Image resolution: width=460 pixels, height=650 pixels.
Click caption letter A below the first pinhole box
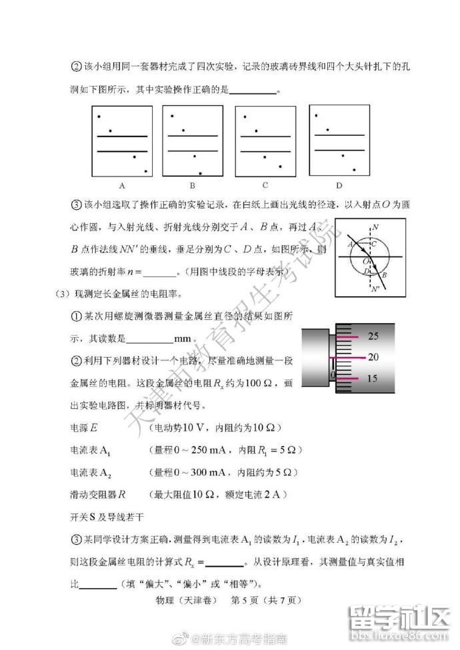pos(122,186)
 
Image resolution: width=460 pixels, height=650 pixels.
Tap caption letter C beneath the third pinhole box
pos(265,185)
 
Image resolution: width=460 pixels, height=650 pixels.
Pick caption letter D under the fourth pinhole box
pos(339,185)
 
